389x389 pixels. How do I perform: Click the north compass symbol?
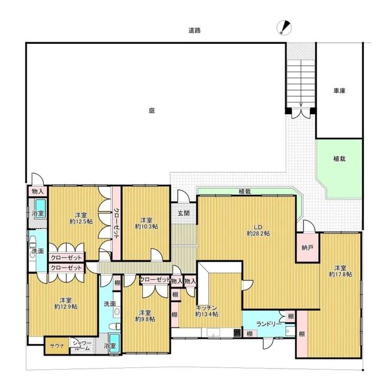[284, 27]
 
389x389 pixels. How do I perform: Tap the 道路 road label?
[194, 31]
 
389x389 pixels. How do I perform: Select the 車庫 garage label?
[339, 91]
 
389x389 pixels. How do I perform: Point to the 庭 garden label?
[152, 111]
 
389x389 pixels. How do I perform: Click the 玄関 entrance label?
[183, 213]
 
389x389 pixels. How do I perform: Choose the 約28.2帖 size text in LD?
[258, 234]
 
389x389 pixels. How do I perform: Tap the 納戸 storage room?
[307, 247]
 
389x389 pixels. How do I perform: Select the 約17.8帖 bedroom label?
[341, 274]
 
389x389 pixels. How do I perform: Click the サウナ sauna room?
[57, 345]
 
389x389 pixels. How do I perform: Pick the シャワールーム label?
[81, 345]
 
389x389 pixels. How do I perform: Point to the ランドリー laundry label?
[269, 324]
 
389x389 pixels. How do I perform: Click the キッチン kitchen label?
[207, 308]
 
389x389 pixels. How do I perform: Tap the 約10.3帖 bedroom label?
[146, 226]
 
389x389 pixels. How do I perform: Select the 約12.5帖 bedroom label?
[81, 221]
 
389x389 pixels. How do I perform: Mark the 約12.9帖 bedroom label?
[66, 306]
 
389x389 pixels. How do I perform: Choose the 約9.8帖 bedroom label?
[145, 319]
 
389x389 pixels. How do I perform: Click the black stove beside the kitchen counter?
[237, 333]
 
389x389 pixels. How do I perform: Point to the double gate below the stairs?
[301, 113]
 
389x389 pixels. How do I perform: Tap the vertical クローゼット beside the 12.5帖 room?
[116, 223]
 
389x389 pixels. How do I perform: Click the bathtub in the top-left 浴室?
[40, 208]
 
